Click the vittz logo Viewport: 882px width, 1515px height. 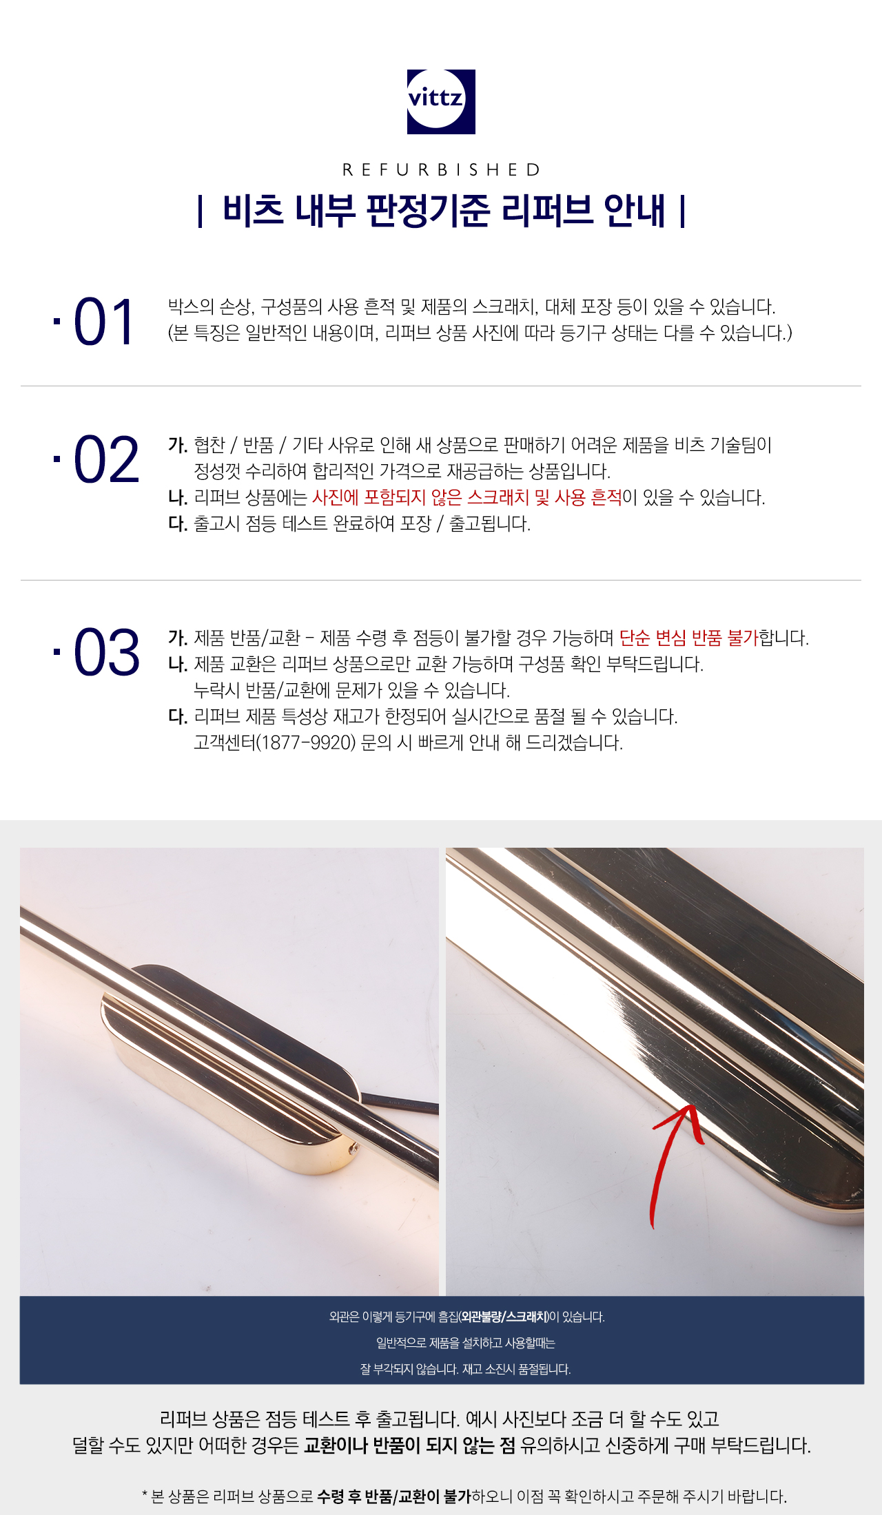(x=441, y=101)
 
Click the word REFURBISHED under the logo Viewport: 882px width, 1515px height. (x=442, y=169)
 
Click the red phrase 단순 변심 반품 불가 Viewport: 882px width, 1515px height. (x=688, y=638)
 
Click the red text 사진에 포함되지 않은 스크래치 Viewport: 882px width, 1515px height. (x=420, y=497)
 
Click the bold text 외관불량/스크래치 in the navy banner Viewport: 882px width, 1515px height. (x=504, y=1317)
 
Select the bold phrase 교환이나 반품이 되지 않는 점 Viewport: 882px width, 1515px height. (x=409, y=1445)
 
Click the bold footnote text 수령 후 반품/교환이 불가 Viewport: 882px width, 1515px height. (x=394, y=1496)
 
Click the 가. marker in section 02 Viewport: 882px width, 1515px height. (x=178, y=446)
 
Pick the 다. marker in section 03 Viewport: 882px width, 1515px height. (x=178, y=717)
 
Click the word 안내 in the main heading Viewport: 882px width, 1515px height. (x=635, y=210)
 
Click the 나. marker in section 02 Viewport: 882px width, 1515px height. (x=178, y=498)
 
